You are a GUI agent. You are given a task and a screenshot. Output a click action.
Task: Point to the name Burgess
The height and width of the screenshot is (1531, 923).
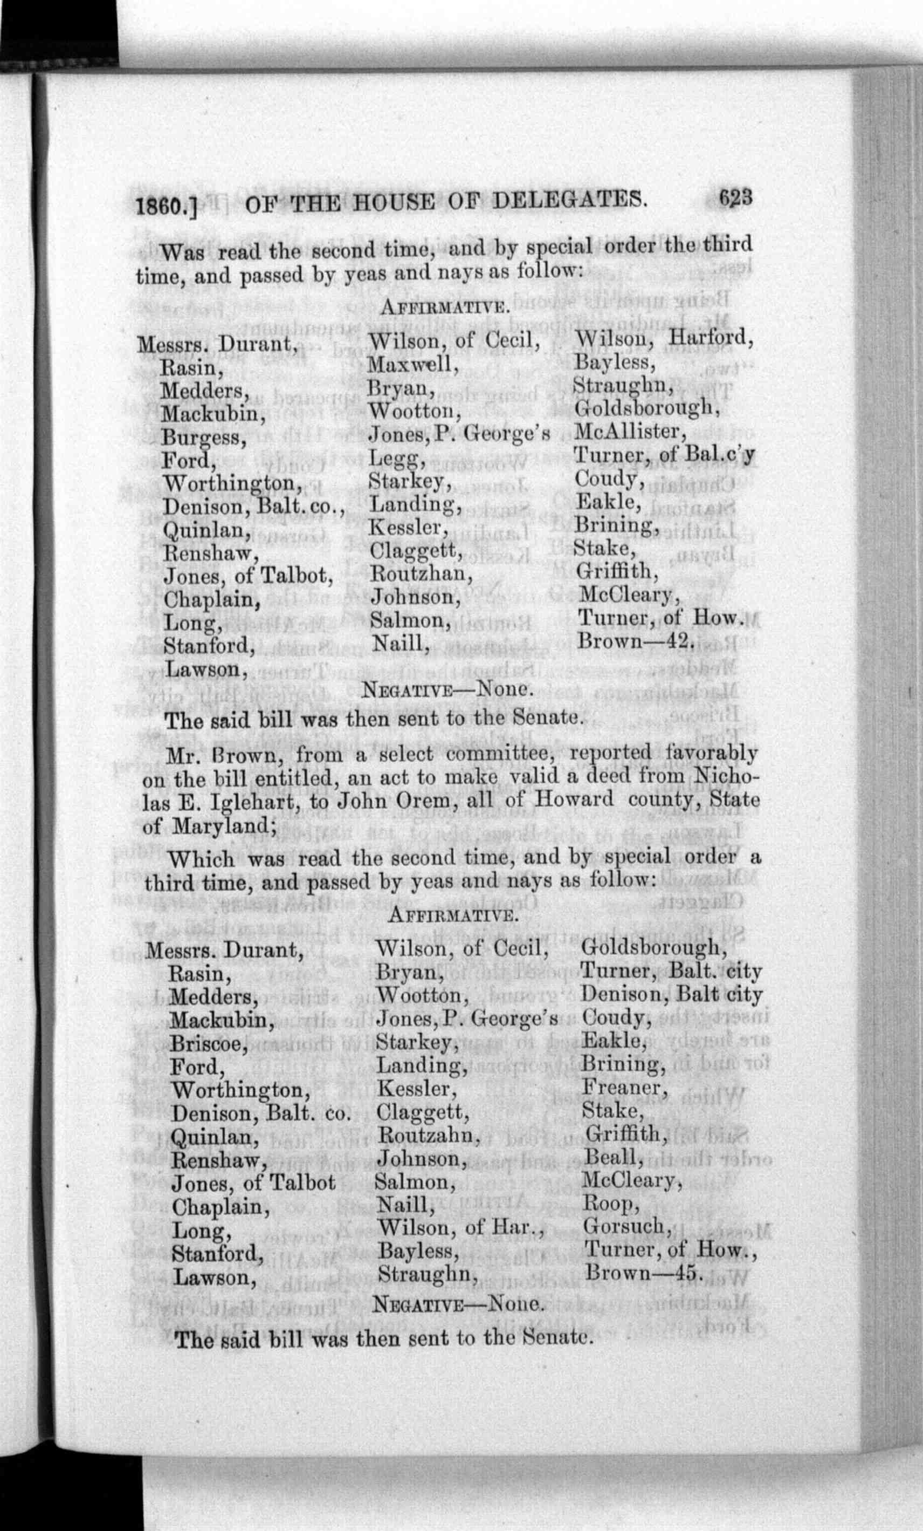[x=204, y=438]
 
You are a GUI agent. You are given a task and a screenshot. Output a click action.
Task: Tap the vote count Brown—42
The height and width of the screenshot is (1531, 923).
[x=635, y=640]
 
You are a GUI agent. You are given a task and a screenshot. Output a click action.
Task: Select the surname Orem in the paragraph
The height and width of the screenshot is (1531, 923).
[x=391, y=801]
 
